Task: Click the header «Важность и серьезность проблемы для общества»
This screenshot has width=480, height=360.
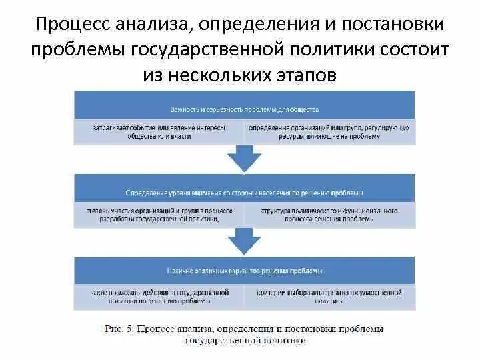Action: (244, 109)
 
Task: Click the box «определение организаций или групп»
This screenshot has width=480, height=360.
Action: (329, 131)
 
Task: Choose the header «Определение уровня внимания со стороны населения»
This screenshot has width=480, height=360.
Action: (244, 193)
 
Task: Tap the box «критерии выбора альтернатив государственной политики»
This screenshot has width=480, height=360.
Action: (329, 297)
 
